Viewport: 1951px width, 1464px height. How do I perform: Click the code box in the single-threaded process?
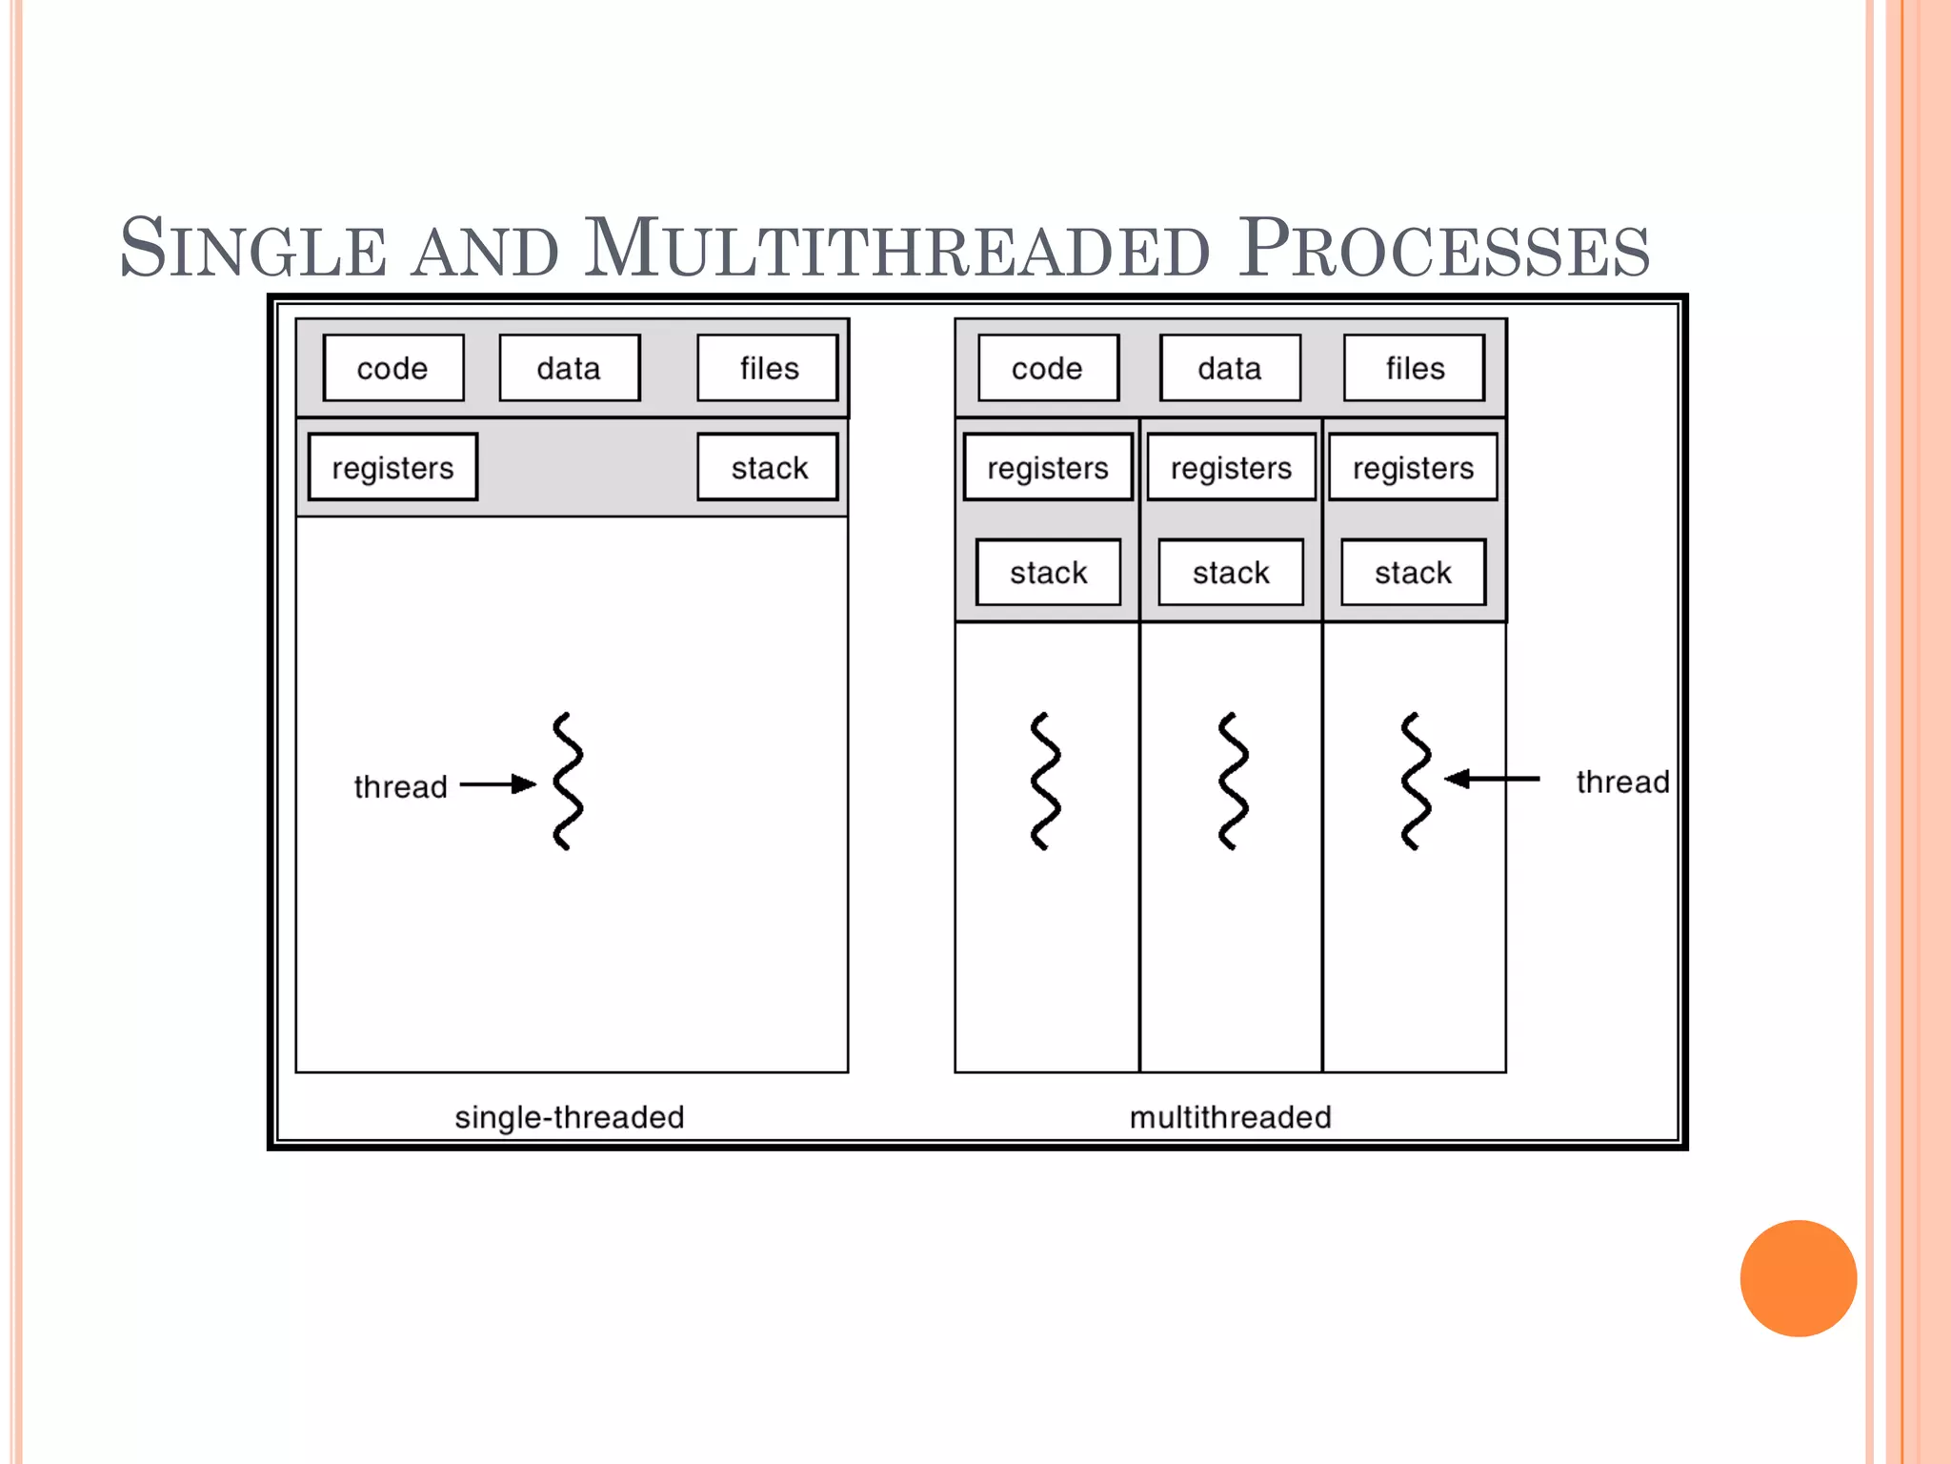point(393,368)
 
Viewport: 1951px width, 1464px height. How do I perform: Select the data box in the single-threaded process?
point(569,368)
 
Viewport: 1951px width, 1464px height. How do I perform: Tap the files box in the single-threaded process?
point(768,368)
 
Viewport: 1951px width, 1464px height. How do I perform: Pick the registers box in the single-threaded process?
point(392,467)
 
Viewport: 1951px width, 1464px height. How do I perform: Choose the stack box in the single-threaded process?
point(768,467)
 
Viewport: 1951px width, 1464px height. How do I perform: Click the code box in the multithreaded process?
point(1047,368)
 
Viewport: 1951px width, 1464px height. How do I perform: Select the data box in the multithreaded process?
point(1230,368)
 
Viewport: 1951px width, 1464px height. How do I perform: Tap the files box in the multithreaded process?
point(1414,368)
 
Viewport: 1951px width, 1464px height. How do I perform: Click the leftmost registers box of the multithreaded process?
point(1048,467)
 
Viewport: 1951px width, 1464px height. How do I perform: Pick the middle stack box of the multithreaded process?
point(1231,572)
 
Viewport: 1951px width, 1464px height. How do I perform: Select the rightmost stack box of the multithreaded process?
point(1413,572)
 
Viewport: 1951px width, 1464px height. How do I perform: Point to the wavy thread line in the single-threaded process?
point(568,781)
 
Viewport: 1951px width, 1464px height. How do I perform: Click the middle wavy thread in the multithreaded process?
point(1233,781)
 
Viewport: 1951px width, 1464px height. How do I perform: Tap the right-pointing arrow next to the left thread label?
point(498,784)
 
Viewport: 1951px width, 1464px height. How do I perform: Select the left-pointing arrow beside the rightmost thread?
point(1492,779)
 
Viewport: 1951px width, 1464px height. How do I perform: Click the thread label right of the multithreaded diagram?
point(1622,782)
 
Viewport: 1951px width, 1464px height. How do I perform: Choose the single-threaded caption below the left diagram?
point(570,1117)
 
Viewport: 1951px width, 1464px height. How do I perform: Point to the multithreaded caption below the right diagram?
point(1230,1117)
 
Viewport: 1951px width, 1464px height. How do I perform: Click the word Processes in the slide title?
point(1443,250)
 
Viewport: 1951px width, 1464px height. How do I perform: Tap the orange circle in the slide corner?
point(1798,1278)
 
